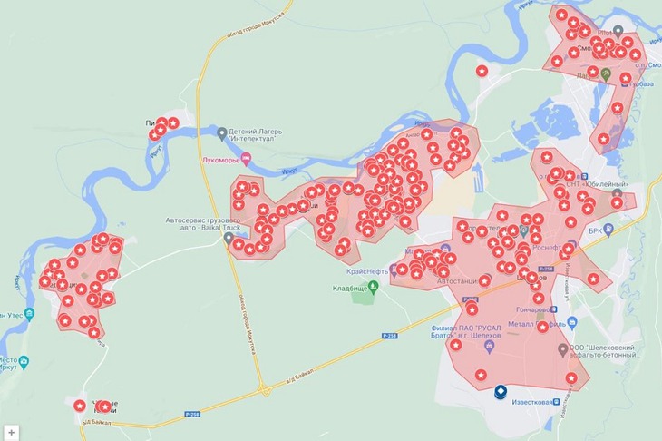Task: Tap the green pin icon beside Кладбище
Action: tap(372, 287)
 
